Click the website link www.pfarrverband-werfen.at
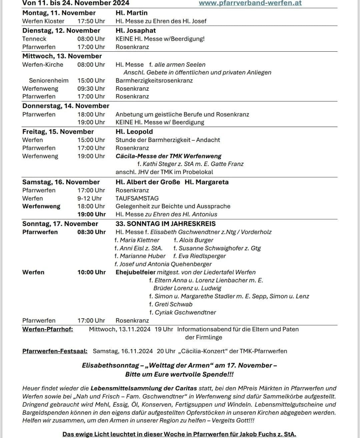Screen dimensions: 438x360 click(250, 3)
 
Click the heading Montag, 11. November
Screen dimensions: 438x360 click(59, 13)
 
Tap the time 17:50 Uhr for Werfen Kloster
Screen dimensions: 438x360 click(91, 21)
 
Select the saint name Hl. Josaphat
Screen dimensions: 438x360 click(136, 31)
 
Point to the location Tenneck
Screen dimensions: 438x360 click(34, 39)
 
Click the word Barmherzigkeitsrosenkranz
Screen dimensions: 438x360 click(154, 81)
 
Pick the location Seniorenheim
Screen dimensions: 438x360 click(49, 81)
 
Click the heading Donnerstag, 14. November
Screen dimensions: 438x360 click(66, 106)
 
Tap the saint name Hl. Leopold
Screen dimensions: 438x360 click(134, 132)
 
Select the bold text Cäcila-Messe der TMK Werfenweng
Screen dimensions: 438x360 click(168, 156)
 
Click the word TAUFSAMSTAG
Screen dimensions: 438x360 click(137, 198)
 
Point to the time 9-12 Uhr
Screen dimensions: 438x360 click(90, 198)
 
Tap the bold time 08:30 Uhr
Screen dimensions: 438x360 click(91, 232)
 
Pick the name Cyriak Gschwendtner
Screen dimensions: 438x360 click(185, 313)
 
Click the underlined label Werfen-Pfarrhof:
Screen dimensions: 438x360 click(48, 329)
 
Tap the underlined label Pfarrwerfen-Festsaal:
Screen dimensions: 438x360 click(55, 351)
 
